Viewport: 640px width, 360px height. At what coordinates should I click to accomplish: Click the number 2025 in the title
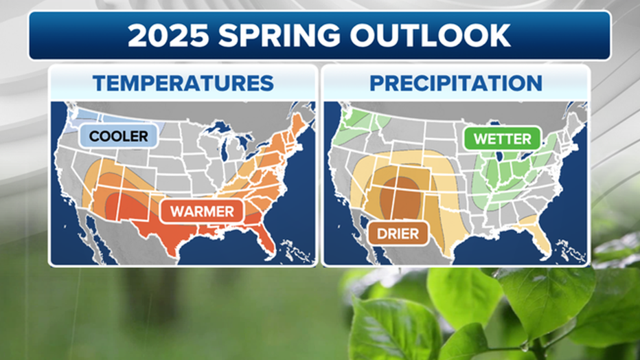point(168,36)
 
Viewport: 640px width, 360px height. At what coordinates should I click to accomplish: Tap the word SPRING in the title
point(279,36)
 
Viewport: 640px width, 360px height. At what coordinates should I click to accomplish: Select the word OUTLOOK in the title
point(430,36)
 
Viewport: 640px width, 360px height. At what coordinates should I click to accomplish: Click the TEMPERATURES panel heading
point(183,83)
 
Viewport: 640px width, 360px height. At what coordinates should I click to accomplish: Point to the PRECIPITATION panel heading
point(456,83)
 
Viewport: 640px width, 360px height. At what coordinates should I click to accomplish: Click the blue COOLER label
point(118,136)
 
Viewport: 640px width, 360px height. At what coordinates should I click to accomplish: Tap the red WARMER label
point(202,212)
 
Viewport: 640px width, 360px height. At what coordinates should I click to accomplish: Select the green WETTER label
point(503,139)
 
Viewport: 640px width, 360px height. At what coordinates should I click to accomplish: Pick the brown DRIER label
point(398,234)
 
